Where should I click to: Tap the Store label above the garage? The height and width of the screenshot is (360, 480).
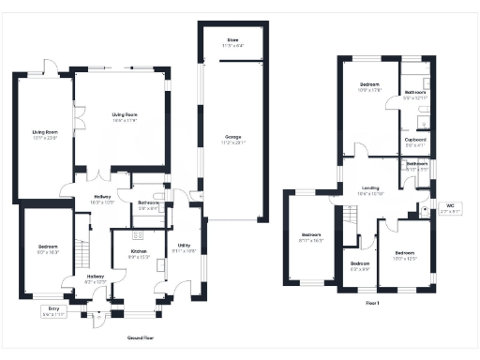tap(231, 42)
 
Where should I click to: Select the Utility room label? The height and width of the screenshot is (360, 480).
tap(185, 247)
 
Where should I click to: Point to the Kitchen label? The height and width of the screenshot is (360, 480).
tap(139, 254)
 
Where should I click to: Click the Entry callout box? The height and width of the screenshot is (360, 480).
tap(52, 312)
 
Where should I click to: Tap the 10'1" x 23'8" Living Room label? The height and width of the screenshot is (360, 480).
tap(45, 134)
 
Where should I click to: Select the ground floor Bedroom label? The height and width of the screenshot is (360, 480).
tap(47, 250)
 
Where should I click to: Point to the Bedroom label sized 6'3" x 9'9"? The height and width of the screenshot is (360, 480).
tap(360, 266)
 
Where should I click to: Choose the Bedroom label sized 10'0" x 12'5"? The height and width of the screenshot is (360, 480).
tap(404, 255)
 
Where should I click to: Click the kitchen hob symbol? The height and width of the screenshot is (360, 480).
tap(137, 235)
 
